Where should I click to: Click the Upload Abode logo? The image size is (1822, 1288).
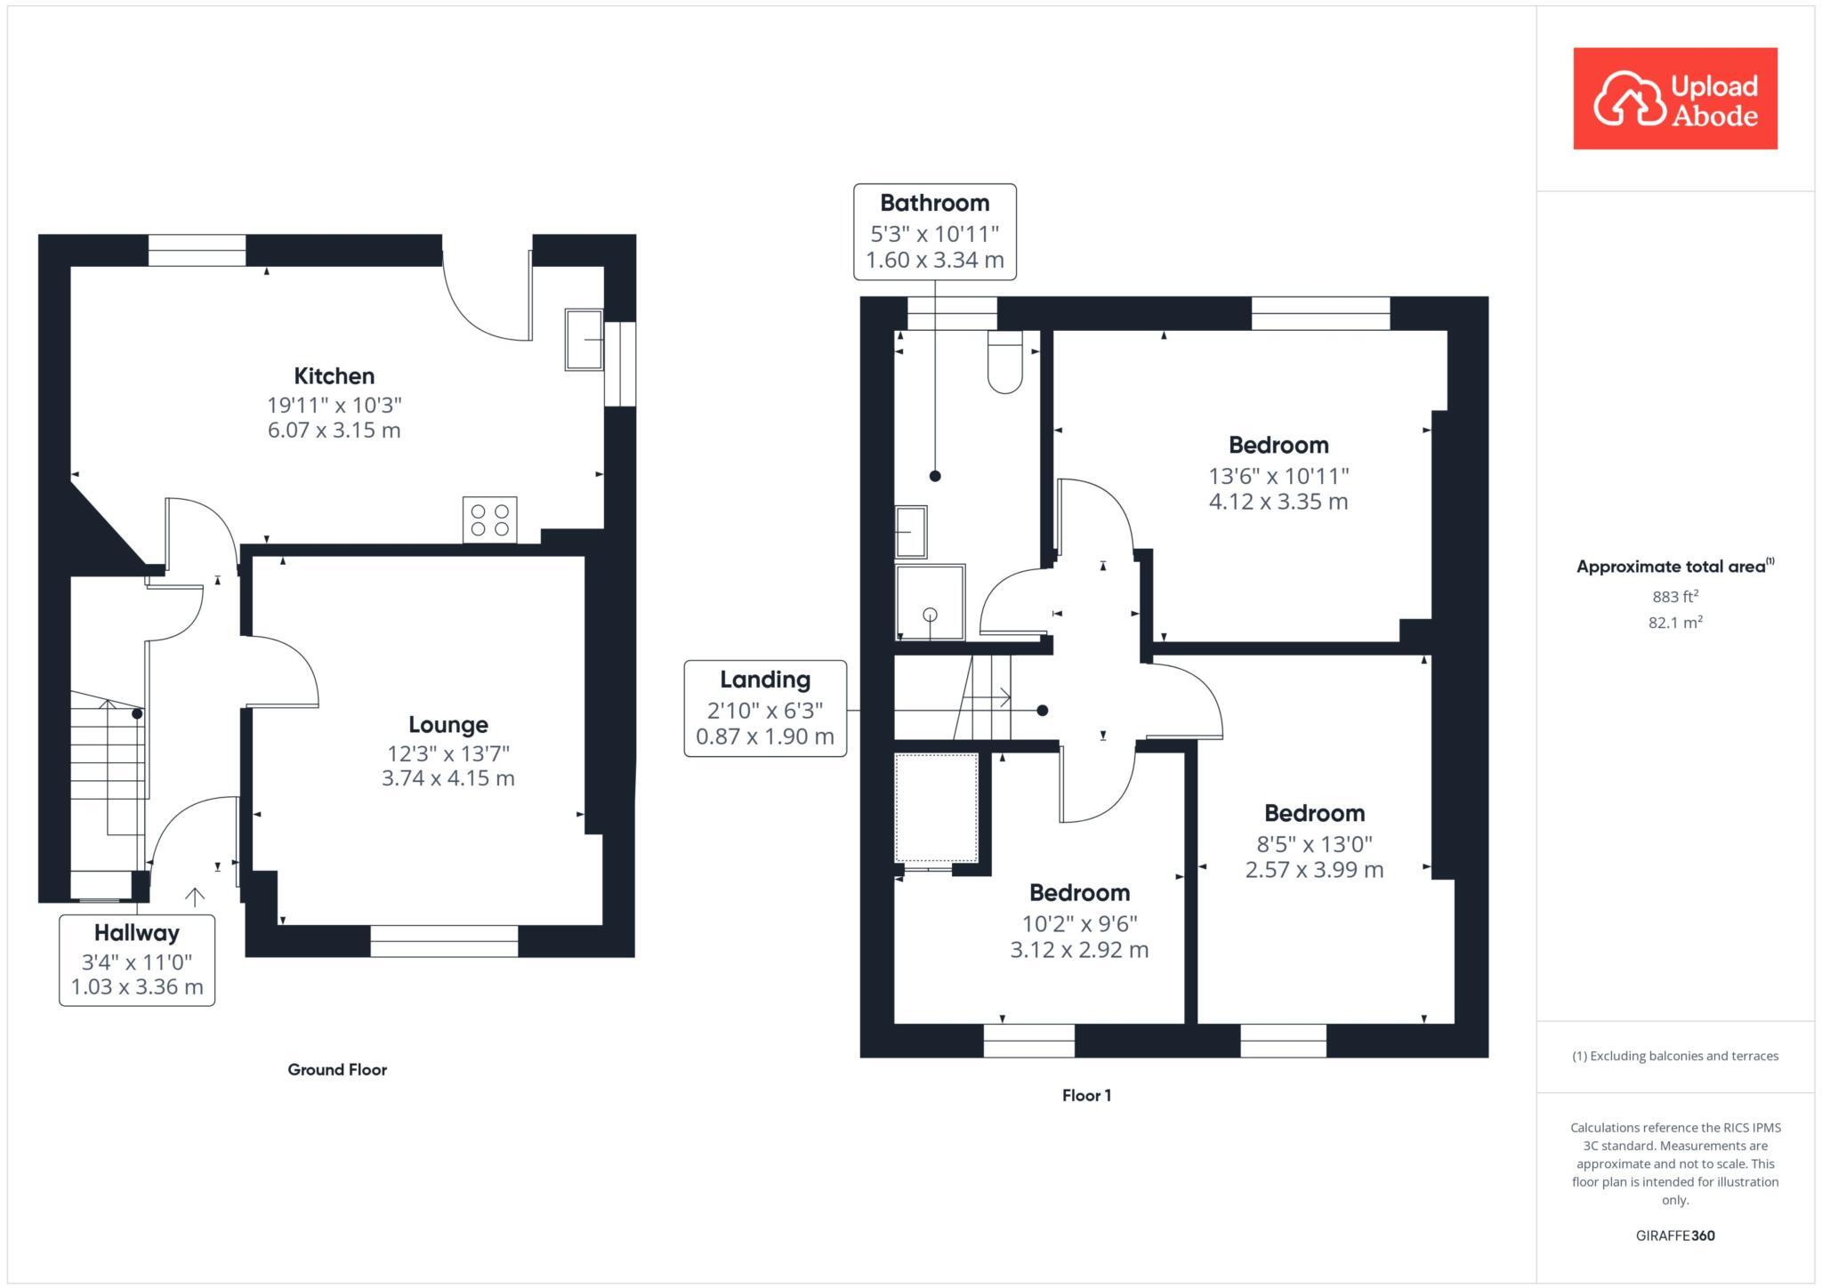1674,99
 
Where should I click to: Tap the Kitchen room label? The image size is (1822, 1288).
335,375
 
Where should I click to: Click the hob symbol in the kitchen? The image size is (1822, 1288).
489,519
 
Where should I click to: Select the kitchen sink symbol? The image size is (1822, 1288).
584,339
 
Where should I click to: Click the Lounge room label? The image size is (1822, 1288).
447,724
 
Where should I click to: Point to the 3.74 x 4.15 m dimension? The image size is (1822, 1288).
447,778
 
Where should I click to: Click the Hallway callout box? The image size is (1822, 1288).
137,960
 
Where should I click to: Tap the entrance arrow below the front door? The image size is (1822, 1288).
194,897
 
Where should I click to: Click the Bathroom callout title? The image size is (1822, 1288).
934,203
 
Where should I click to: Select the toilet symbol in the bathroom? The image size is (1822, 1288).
1004,362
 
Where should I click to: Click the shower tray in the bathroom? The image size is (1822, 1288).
930,602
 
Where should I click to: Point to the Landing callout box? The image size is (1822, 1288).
765,708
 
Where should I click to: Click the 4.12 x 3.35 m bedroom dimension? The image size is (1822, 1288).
1278,502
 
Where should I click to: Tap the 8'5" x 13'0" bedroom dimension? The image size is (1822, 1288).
1314,843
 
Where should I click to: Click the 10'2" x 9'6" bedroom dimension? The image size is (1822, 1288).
1079,923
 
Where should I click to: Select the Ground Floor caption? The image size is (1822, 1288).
337,1069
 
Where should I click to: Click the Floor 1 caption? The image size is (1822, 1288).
1086,1095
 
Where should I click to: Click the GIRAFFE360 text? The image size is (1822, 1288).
1674,1236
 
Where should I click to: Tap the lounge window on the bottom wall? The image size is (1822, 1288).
444,941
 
